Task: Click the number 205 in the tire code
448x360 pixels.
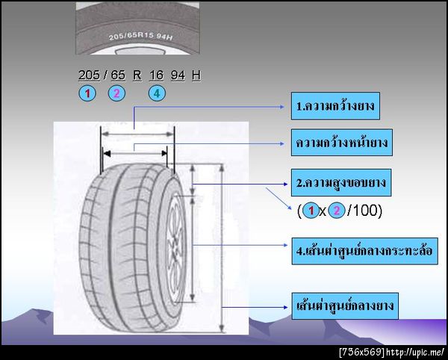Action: pyautogui.click(x=89, y=75)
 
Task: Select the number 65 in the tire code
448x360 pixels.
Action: pyautogui.click(x=118, y=75)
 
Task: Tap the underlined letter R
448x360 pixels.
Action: pyautogui.click(x=137, y=75)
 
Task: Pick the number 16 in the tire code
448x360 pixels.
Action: pyautogui.click(x=156, y=75)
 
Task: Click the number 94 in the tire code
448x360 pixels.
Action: pyautogui.click(x=178, y=75)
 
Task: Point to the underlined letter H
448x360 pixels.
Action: pyautogui.click(x=196, y=75)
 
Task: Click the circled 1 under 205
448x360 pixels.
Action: pyautogui.click(x=87, y=93)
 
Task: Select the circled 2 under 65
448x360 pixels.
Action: pyautogui.click(x=116, y=93)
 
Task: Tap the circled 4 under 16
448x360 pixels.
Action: pyautogui.click(x=157, y=93)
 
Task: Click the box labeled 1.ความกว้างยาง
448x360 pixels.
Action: pyautogui.click(x=335, y=106)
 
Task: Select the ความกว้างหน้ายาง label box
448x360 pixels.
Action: pyautogui.click(x=342, y=143)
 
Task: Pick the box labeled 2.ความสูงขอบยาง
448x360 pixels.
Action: pyautogui.click(x=341, y=182)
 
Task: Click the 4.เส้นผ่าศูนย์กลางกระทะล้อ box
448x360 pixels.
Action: pyautogui.click(x=364, y=251)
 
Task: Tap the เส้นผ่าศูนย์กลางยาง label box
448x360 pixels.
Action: pyautogui.click(x=345, y=306)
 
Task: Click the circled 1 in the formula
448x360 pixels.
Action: pyautogui.click(x=311, y=211)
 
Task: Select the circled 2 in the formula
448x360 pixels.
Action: pyautogui.click(x=336, y=211)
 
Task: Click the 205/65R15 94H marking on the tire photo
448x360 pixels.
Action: pyautogui.click(x=140, y=37)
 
